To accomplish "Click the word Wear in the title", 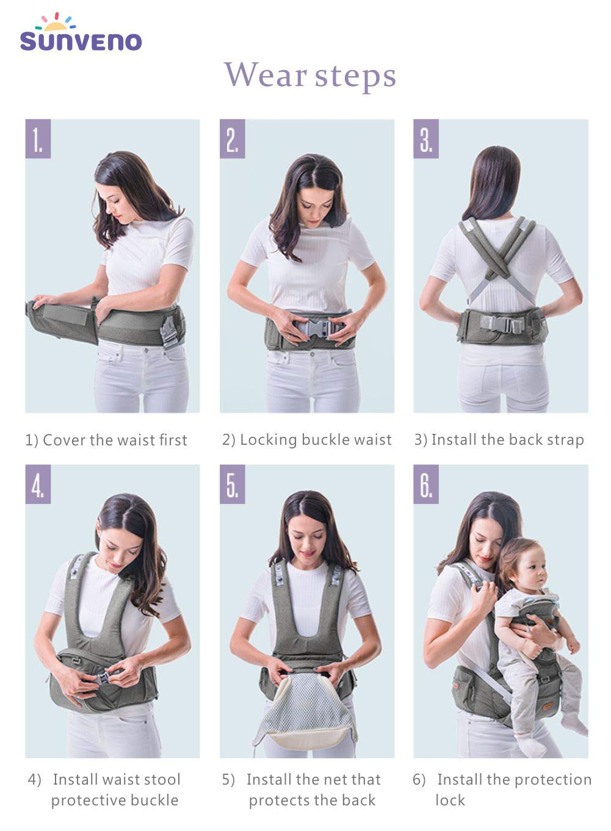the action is coord(266,74).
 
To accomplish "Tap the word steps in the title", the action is coord(355,77).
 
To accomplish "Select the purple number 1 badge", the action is coord(38,138).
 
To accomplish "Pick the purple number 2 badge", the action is coord(233,138).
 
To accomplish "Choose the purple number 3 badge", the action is coord(426,138).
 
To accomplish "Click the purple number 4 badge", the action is coord(38,484).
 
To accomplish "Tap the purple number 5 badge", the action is coord(233,484).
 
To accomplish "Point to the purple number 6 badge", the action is coord(426,484).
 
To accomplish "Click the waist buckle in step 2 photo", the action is coord(316,328).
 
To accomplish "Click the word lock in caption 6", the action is coord(450,800).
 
